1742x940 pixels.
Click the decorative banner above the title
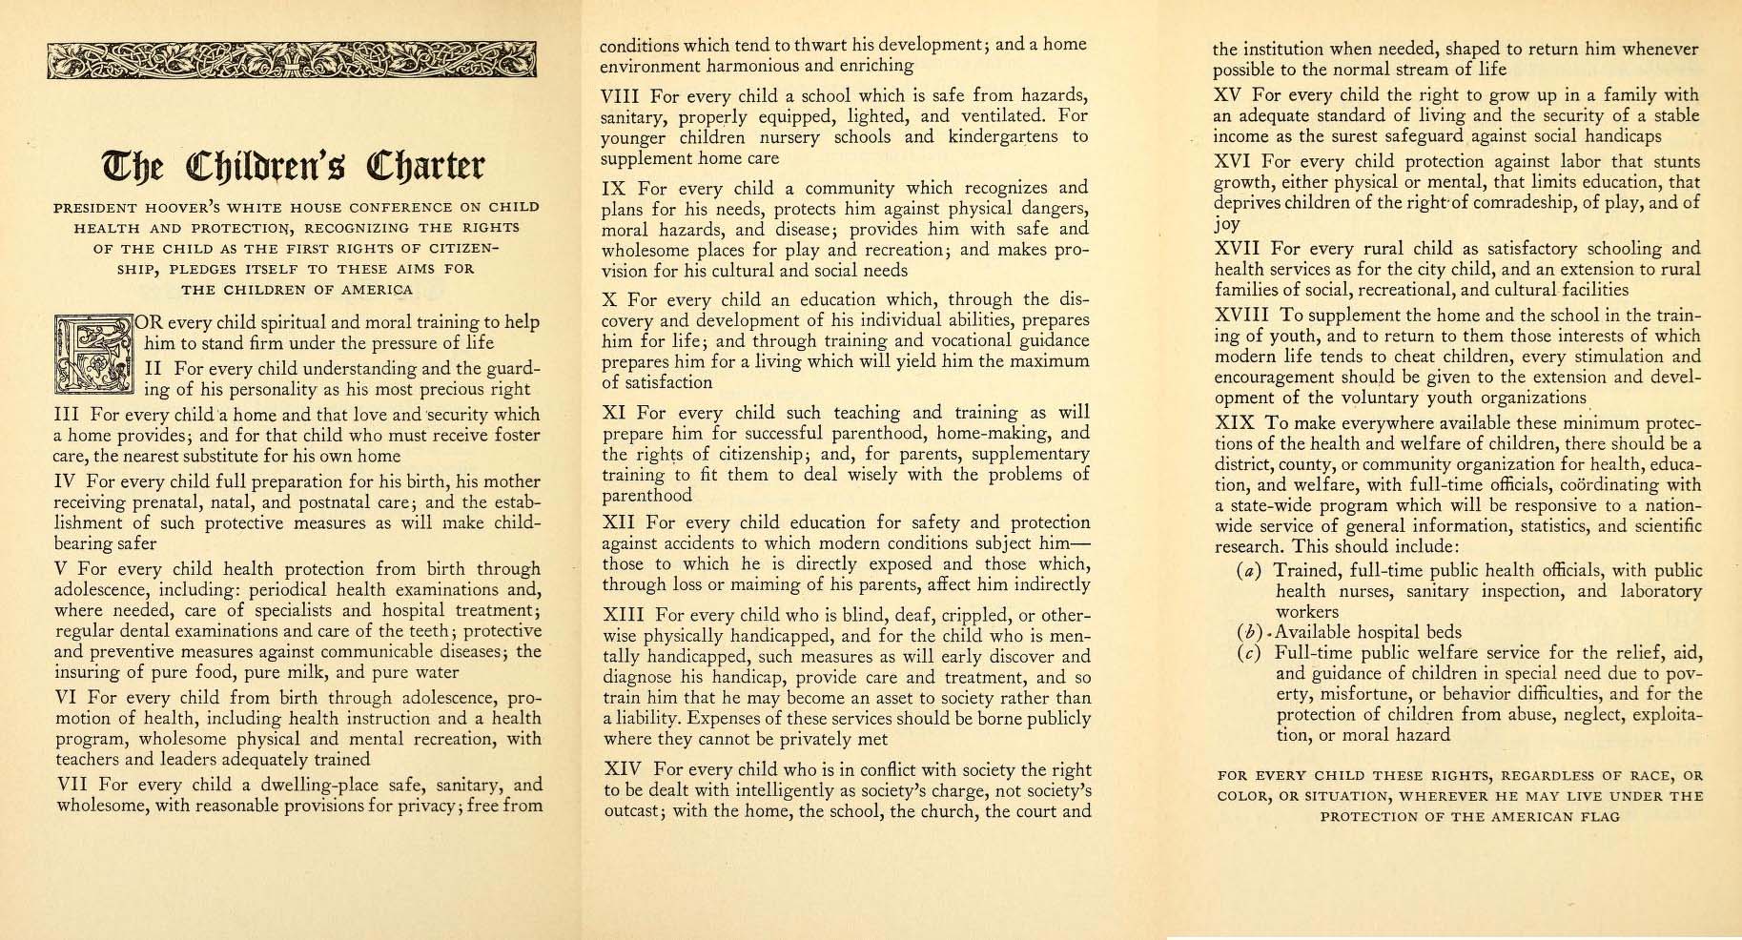pos(291,61)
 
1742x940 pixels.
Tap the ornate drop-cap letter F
pos(96,355)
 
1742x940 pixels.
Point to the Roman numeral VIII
pos(621,96)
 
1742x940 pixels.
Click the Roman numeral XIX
pos(1235,423)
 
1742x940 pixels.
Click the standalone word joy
pos(1226,225)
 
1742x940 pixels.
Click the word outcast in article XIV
pos(630,812)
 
